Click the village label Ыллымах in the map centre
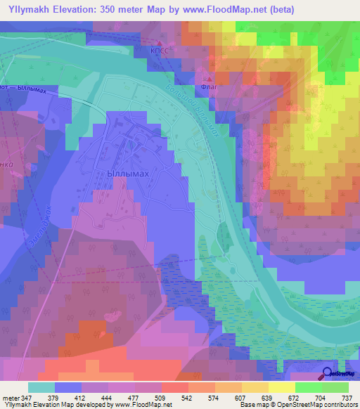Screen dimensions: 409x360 tap(130, 172)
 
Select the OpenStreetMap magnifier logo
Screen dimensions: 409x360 tap(328, 374)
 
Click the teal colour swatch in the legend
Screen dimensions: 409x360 tap(41, 387)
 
